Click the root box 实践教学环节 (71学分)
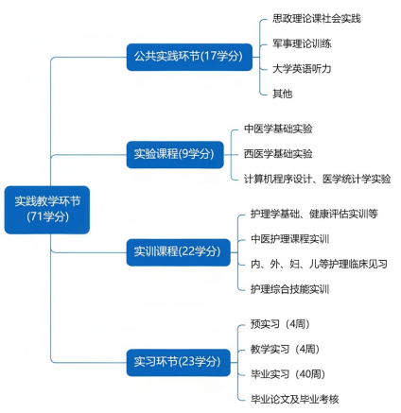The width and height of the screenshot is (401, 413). [x=47, y=210]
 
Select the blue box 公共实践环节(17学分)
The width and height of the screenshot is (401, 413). [x=189, y=57]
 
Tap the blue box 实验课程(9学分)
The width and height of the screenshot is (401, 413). [x=175, y=155]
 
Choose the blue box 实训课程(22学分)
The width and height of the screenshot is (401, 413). [x=178, y=252]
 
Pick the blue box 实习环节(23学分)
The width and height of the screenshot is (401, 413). [x=178, y=362]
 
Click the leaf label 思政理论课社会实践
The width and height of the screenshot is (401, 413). [x=317, y=19]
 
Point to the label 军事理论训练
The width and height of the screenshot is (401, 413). [x=302, y=43]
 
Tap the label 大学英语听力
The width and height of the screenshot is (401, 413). [x=302, y=69]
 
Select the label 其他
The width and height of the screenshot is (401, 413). [x=282, y=94]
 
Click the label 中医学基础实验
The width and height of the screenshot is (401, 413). [x=278, y=129]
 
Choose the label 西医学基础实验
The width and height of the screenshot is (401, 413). [x=278, y=154]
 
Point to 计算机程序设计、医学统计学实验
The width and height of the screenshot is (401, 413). [x=317, y=180]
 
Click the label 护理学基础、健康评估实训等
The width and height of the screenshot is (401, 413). [x=314, y=214]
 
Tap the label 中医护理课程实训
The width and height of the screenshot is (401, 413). [x=289, y=239]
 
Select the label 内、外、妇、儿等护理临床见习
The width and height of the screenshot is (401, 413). [x=319, y=264]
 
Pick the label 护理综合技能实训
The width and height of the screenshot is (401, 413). [x=289, y=289]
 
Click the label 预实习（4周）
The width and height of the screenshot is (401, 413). [x=280, y=324]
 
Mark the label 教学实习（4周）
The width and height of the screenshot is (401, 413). [x=285, y=349]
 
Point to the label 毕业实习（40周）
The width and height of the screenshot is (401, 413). [x=288, y=374]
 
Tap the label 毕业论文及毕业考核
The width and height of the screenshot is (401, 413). [x=295, y=400]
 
